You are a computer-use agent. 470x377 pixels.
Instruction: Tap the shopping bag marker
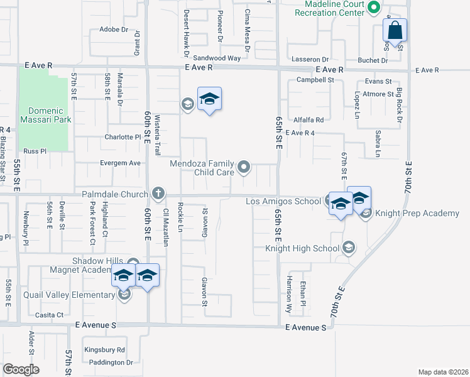point(395,30)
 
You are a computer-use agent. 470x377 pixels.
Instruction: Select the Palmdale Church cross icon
point(158,193)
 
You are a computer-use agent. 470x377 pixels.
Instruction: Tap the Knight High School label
point(302,248)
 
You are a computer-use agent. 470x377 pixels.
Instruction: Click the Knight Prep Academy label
point(417,214)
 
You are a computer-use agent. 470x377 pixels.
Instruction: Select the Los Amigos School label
point(283,201)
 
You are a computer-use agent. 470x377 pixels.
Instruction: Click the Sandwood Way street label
point(217,58)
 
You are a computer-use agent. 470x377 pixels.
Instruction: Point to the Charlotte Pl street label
point(123,137)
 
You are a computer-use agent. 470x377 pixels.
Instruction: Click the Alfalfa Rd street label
point(308,119)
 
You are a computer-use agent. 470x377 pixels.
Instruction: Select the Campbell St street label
point(315,80)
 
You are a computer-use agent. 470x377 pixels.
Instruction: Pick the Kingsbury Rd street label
point(105,349)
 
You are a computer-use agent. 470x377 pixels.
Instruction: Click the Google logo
point(21,369)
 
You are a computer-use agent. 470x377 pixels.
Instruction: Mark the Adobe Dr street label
point(114,30)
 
